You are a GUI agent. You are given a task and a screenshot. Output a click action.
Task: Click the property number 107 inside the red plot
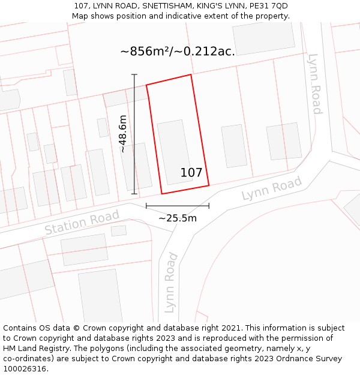(191, 173)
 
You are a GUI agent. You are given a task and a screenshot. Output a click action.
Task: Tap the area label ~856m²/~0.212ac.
(178, 52)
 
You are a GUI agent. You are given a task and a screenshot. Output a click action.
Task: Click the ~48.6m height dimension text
(122, 134)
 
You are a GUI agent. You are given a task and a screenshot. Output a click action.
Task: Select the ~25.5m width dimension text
(178, 218)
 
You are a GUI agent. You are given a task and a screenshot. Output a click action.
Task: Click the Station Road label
(74, 223)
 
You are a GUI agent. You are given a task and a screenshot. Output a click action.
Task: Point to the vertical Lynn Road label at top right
(315, 84)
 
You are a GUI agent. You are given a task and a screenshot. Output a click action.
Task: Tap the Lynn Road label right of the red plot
(271, 189)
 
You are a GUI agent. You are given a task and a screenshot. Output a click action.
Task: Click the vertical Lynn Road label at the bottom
(171, 283)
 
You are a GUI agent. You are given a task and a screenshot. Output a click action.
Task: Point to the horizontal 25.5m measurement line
(178, 206)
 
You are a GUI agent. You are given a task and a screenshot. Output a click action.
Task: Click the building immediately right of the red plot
(234, 146)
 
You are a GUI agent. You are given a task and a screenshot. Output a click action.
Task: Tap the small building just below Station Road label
(119, 230)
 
